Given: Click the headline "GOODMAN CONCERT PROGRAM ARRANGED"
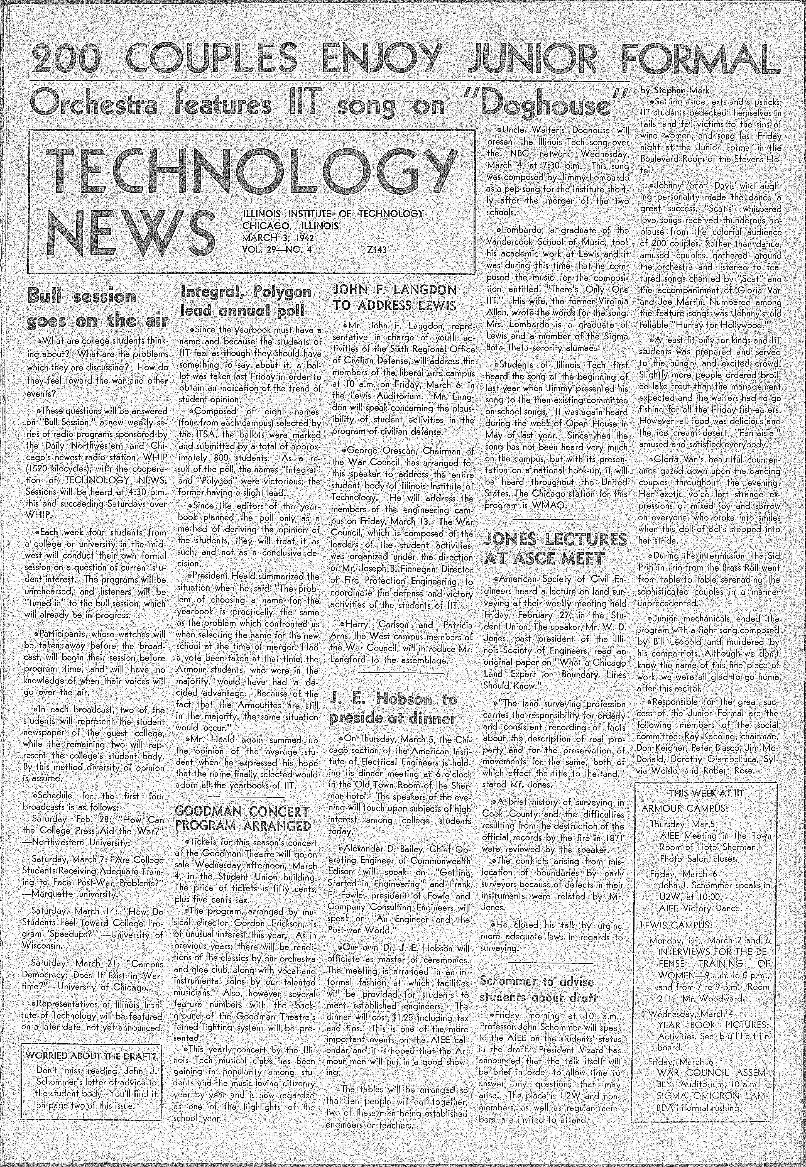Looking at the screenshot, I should [x=242, y=819].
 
